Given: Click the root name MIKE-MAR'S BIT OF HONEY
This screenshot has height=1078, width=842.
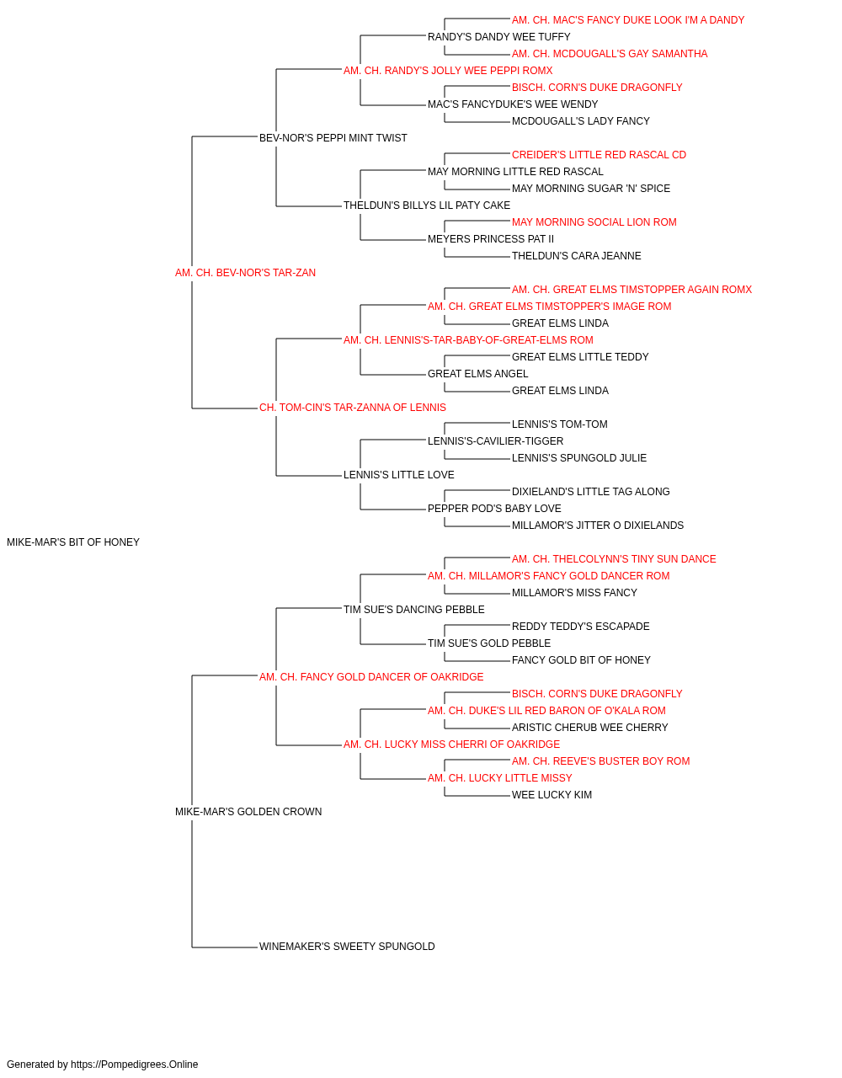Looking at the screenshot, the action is coord(73,542).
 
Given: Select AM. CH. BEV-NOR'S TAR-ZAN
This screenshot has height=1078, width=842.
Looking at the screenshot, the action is coord(245,273).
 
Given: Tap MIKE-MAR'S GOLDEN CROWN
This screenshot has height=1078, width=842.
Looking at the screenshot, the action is coord(248,812).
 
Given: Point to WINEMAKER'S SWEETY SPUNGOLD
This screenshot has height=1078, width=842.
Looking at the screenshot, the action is coord(347,947).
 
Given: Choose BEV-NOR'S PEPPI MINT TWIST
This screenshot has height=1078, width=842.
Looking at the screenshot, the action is coord(333,138).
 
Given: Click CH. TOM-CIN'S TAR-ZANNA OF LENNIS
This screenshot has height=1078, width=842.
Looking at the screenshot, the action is coord(353,408).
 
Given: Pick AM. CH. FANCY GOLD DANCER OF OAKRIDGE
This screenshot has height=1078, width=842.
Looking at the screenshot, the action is coord(371,677).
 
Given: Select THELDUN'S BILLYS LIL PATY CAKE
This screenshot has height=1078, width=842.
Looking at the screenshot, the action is coord(426,205).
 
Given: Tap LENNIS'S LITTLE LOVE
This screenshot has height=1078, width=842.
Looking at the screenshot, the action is coord(398,475).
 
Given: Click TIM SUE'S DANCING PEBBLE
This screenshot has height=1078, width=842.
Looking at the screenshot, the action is coord(413,610).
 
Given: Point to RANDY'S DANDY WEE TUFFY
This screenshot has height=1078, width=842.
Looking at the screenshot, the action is coord(498,37).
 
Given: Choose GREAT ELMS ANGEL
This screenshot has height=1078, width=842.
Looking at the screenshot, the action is coord(477,374).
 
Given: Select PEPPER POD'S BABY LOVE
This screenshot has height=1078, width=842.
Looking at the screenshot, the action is coord(494,509).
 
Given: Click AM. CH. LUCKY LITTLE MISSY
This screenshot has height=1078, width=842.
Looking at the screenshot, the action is coord(500,778).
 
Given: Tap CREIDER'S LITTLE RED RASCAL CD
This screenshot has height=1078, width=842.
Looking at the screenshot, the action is coord(599,155).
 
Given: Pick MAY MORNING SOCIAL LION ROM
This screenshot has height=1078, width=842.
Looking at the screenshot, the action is coord(594,222).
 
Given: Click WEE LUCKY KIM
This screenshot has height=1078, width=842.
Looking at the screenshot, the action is coord(552,795).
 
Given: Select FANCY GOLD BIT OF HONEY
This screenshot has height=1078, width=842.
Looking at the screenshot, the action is coord(581,660).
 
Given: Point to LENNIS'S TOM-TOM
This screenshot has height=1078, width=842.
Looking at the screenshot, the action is coord(559,424).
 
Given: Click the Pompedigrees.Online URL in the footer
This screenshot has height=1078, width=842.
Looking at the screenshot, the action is coord(134,1065).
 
